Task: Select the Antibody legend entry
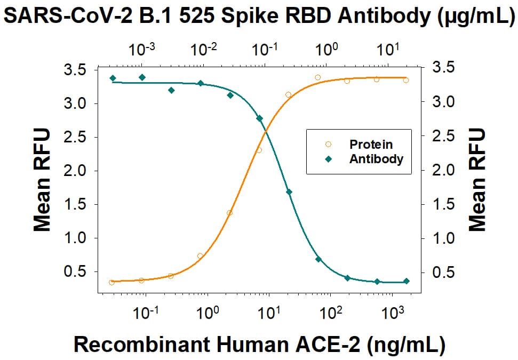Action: [376, 159]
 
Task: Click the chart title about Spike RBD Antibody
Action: [258, 17]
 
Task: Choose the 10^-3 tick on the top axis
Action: [142, 50]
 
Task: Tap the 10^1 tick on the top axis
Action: [387, 50]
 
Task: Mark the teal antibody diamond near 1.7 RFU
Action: [289, 192]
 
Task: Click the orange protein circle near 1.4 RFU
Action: [229, 213]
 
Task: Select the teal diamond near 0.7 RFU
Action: [318, 259]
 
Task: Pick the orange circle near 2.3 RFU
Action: [259, 150]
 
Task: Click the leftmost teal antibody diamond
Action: [113, 78]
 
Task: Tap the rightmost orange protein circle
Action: [406, 81]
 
